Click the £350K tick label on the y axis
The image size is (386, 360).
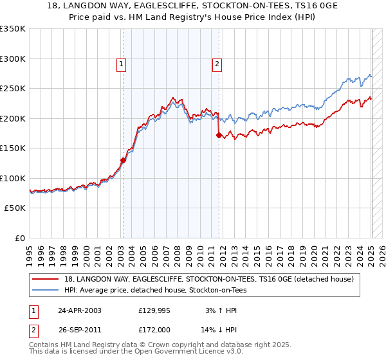(13, 29)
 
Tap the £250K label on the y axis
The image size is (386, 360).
(13, 89)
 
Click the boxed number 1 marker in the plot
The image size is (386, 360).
(121, 64)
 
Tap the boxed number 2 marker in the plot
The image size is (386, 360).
(217, 64)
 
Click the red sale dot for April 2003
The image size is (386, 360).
(123, 160)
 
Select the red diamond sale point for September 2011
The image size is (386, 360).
(219, 135)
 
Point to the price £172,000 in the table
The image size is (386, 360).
(155, 329)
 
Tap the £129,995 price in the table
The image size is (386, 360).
(155, 310)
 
